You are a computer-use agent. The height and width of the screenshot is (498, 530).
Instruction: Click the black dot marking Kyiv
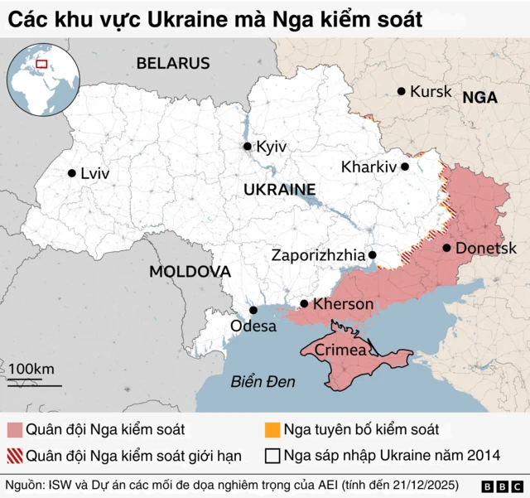[x=247, y=147]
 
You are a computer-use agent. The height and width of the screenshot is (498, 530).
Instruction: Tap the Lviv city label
[x=95, y=173]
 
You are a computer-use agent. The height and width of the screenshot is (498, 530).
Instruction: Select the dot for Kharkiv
[x=405, y=167]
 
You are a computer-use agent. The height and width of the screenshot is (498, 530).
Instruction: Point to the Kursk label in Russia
[x=431, y=91]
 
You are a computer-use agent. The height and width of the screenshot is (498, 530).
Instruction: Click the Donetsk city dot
[x=447, y=248]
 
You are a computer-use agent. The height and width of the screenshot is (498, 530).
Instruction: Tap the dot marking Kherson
[x=305, y=304]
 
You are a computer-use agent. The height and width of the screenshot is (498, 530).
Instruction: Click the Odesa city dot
[x=253, y=311]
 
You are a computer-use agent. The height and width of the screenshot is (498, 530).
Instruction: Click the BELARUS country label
[x=173, y=63]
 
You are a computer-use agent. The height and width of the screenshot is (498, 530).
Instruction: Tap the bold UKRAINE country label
[x=281, y=190]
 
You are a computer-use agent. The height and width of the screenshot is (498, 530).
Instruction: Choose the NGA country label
[x=479, y=97]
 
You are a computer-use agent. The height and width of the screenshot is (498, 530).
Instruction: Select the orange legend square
[x=272, y=430]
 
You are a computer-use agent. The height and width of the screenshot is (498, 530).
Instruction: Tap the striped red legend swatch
[x=15, y=456]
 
